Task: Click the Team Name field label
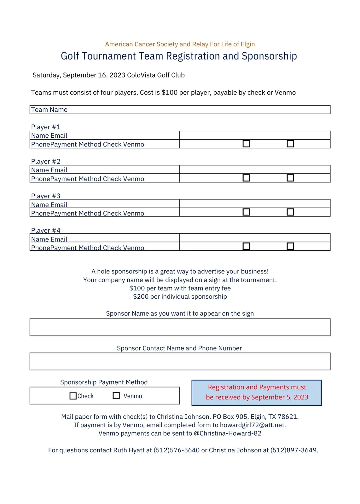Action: (49, 110)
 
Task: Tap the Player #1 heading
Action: (46, 127)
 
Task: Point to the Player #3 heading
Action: (46, 196)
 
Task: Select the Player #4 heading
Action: (46, 230)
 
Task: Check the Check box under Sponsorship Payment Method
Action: (73, 396)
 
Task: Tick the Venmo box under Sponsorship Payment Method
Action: (116, 396)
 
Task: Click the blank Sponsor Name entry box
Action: (180, 327)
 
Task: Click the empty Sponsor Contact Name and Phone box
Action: (180, 361)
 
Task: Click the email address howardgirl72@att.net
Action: (252, 425)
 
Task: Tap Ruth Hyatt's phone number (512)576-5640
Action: (177, 450)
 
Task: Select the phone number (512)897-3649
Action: (293, 450)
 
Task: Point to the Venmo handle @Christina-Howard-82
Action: (227, 433)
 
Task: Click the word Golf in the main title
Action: (70, 56)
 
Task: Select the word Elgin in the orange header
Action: (248, 44)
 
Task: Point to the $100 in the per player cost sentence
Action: (170, 93)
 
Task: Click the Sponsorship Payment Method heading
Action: (104, 382)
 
